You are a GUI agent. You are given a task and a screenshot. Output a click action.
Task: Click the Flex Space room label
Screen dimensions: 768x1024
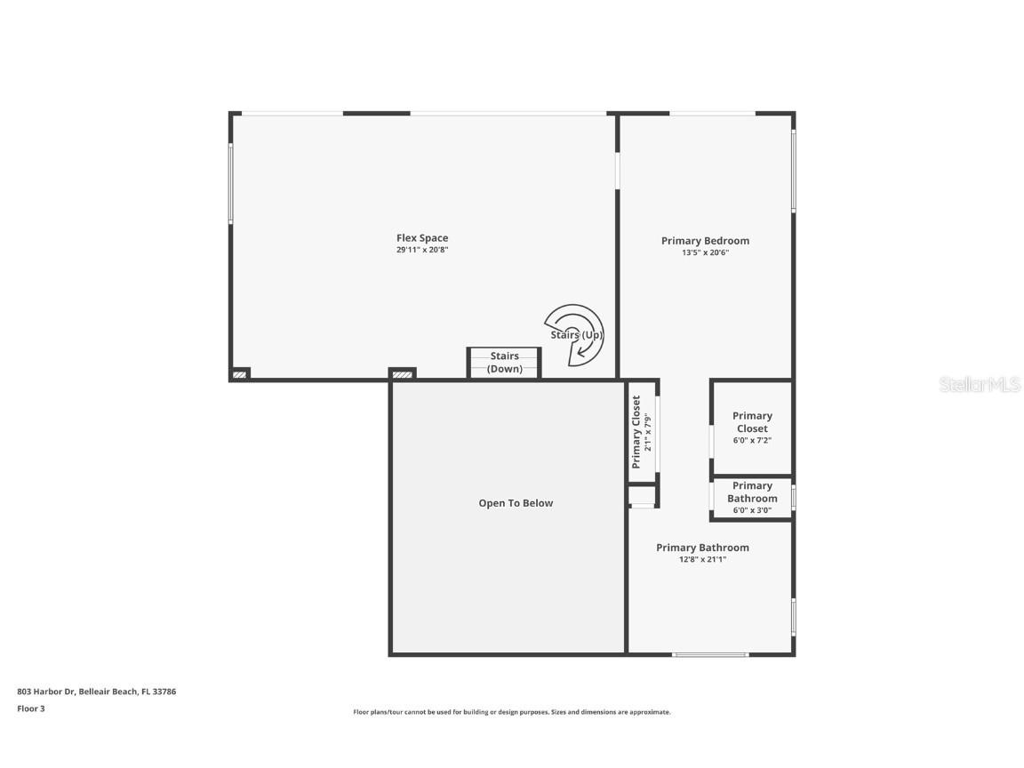click(422, 237)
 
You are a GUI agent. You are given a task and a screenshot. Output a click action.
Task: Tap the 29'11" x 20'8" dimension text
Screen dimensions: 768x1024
click(422, 250)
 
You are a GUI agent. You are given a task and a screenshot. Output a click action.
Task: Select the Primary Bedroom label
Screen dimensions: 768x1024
click(705, 240)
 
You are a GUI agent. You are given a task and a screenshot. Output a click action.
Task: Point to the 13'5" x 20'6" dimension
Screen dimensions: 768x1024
click(705, 252)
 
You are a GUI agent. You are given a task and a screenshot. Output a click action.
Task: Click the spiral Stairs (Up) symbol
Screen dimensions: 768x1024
click(575, 335)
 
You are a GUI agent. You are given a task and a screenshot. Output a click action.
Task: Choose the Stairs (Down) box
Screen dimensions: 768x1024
click(504, 363)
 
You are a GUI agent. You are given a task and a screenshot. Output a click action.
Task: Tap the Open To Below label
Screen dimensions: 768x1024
click(516, 503)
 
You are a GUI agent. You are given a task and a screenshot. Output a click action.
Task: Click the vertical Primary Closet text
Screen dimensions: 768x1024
click(636, 432)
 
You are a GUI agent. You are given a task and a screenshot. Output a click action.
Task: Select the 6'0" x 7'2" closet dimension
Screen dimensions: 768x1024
click(752, 440)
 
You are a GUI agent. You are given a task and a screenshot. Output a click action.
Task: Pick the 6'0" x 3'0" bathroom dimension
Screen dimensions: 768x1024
click(752, 510)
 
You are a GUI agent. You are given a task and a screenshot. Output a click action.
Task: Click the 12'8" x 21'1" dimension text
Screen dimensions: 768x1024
click(702, 559)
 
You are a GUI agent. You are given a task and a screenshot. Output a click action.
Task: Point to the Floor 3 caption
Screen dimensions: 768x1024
click(30, 708)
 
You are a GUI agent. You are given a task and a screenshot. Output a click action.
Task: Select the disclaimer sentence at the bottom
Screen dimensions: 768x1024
click(512, 712)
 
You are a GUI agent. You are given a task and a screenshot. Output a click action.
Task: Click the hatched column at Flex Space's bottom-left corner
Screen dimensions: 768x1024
click(240, 375)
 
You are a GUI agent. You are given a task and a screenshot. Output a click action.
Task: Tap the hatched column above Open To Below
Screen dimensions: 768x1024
click(402, 374)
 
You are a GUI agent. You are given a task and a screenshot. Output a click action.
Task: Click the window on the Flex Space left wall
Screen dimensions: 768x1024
click(231, 183)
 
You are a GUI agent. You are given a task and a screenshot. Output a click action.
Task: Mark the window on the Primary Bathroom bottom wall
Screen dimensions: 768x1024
click(710, 655)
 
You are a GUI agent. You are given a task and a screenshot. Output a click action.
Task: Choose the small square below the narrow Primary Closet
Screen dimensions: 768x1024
click(642, 496)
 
